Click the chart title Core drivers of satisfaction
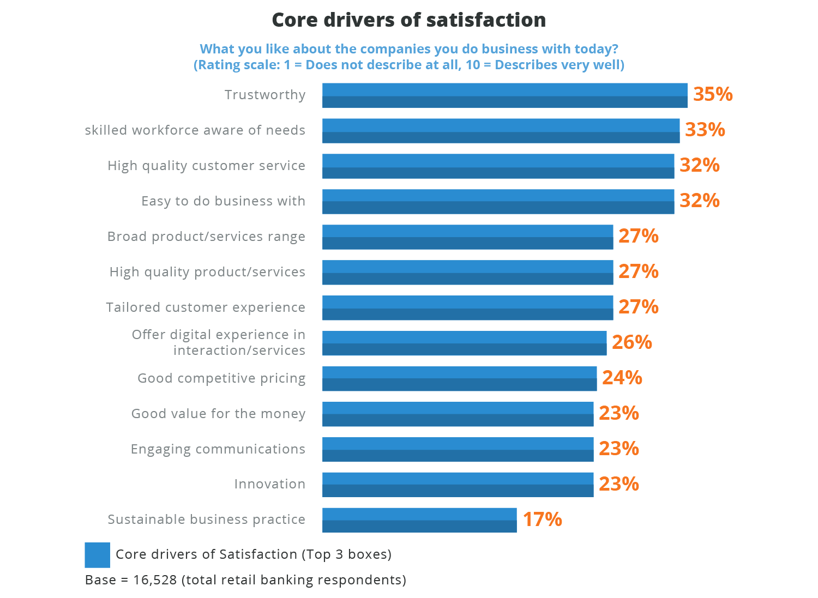pos(408,20)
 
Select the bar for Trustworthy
pos(504,95)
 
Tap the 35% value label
pos(712,94)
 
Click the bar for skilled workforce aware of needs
pos(501,131)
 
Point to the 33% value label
pos(705,130)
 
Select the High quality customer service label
pos(206,166)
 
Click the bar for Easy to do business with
pos(498,202)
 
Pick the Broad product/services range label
pos(206,237)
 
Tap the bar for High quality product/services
pos(467,273)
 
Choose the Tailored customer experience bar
pos(467,308)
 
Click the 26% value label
pos(631,342)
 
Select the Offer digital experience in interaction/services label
pos(219,342)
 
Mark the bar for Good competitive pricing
pos(459,378)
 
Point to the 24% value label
pos(622,378)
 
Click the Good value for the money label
pos(218,414)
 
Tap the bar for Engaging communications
pos(458,449)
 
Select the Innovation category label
pos(269,484)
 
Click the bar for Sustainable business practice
pos(419,520)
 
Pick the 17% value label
pos(542,520)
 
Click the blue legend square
pos(97,555)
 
